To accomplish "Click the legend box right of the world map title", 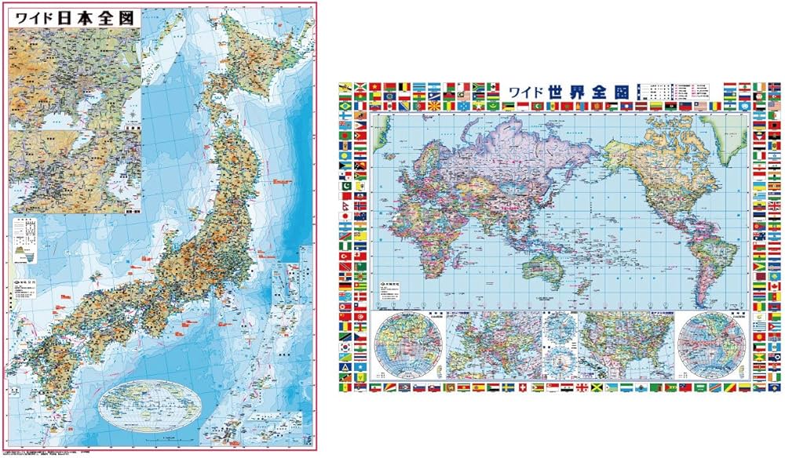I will pyautogui.click(x=675, y=94).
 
